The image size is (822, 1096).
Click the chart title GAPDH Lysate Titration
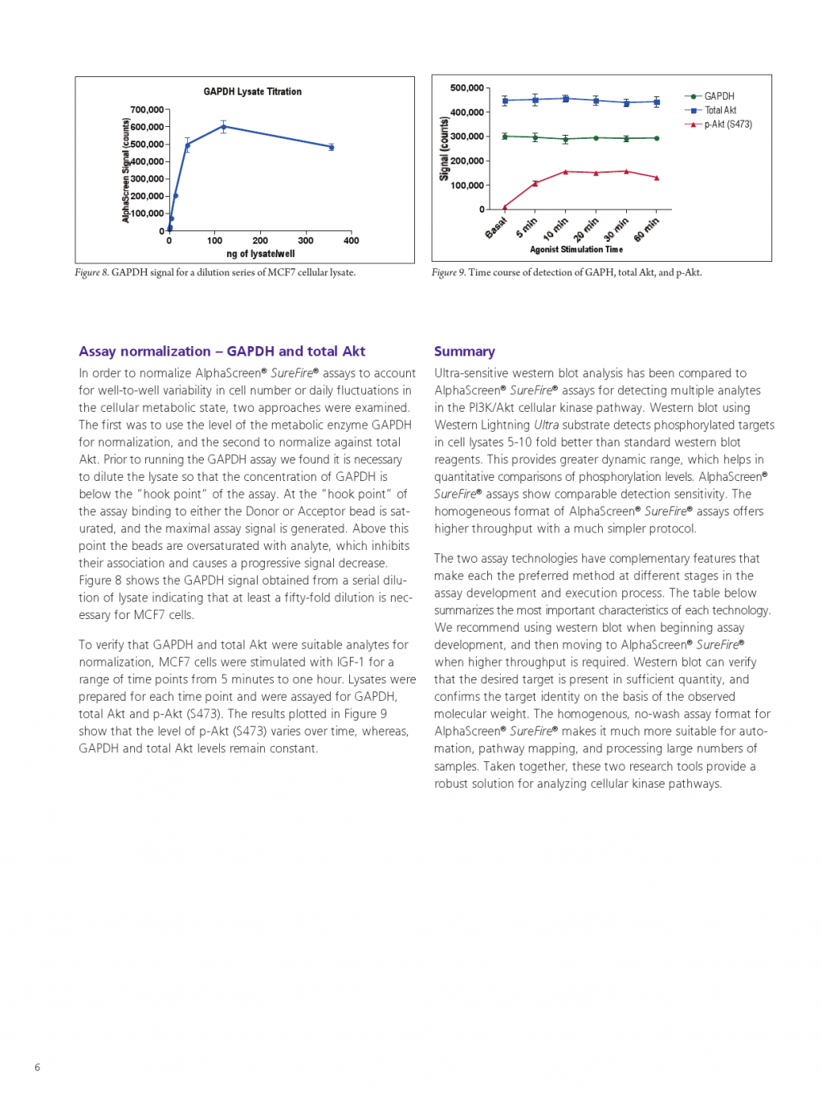(x=252, y=92)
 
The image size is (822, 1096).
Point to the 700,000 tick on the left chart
(x=147, y=110)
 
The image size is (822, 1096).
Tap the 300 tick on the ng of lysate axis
(x=306, y=240)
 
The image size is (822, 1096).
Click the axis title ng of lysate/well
(x=260, y=254)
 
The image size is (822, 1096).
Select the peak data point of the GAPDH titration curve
(x=224, y=126)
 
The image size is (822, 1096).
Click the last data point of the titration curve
(x=331, y=147)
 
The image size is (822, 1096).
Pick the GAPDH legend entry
(x=718, y=96)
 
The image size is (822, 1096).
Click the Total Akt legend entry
(x=720, y=110)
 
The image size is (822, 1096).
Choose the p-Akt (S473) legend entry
(x=727, y=124)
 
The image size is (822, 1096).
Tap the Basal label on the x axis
(x=496, y=228)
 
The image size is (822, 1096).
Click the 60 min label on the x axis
(x=646, y=229)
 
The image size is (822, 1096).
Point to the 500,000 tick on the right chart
(x=467, y=88)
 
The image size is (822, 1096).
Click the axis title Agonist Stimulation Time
(x=576, y=250)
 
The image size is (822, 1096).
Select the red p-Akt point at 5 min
(x=535, y=184)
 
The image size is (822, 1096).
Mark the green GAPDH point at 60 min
(x=657, y=138)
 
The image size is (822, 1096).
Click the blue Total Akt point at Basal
(x=505, y=100)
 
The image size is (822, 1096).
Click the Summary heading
(x=464, y=351)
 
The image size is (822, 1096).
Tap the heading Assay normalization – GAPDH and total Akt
(x=222, y=351)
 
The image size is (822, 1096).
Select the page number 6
(x=37, y=1067)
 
